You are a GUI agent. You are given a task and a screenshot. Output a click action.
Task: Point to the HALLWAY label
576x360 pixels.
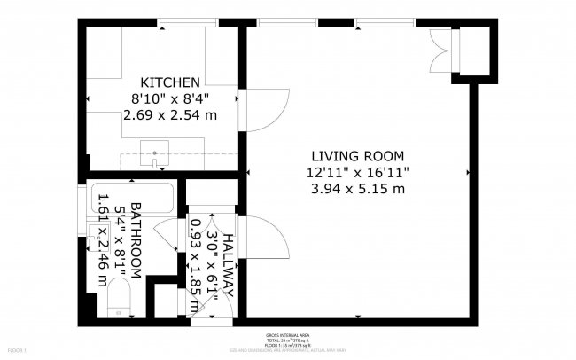point(228,263)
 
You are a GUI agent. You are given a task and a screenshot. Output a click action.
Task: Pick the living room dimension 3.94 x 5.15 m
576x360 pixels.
point(359,188)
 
